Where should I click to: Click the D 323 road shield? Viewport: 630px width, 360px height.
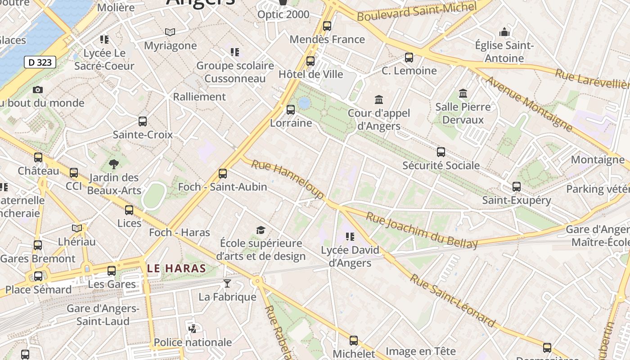40,62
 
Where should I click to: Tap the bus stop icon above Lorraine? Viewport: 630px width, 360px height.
291,109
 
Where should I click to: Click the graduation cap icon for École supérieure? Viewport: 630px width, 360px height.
261,230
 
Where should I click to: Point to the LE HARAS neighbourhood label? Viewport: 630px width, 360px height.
176,269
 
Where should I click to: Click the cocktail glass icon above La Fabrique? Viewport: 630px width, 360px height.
227,283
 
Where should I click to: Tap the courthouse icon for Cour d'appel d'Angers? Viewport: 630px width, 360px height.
379,99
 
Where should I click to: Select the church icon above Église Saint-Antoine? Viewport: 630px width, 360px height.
504,32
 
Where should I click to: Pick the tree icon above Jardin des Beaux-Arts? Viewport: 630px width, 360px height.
114,164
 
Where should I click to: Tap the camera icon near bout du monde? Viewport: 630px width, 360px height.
38,90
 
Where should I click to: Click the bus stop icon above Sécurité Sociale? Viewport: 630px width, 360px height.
441,152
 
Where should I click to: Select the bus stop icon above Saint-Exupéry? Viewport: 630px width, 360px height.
517,186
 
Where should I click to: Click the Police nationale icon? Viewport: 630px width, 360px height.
193,329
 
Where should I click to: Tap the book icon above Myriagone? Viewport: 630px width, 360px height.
170,32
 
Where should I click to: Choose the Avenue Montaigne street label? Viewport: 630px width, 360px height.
529,104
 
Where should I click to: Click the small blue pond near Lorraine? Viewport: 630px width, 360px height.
304,103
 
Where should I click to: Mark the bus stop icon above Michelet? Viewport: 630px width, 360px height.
354,341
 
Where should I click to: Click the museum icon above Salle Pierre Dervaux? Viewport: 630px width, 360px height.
463,94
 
